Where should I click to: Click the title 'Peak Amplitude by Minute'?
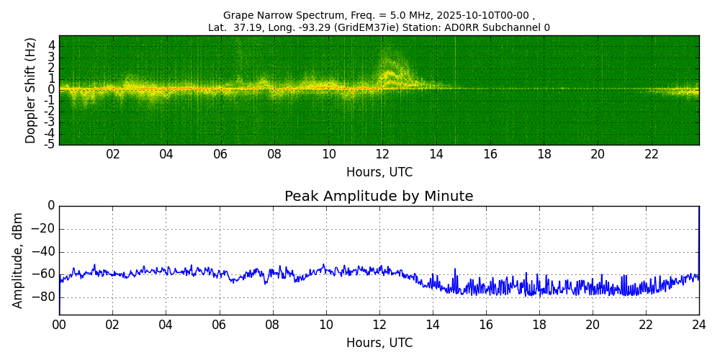click(x=379, y=197)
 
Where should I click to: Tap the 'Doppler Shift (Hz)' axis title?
click(x=31, y=91)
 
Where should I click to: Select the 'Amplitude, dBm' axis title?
click(x=18, y=260)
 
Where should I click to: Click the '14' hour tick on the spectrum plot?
click(x=436, y=154)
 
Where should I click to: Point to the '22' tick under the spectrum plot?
click(x=652, y=154)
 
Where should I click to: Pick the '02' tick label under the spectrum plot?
click(x=113, y=154)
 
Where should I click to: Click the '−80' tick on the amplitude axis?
click(x=42, y=297)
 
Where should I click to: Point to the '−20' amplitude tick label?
click(x=42, y=229)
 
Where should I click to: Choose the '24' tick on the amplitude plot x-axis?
click(x=699, y=325)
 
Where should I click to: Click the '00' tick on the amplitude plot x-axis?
click(x=59, y=325)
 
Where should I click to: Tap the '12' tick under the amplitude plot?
click(x=379, y=325)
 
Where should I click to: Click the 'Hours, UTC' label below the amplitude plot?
click(x=379, y=343)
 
